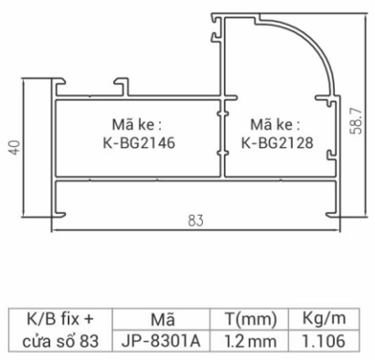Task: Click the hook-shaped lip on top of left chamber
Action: pos(120,85)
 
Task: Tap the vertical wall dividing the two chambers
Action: pos(222,137)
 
